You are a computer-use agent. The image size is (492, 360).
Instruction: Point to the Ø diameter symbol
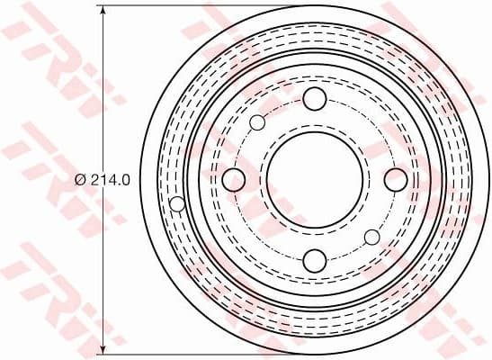click(81, 179)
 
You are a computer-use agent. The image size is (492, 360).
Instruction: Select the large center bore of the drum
click(314, 180)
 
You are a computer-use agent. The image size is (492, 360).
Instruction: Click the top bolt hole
click(314, 99)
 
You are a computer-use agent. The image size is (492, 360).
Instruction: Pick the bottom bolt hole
click(314, 261)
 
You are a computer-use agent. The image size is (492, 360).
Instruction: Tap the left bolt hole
click(233, 180)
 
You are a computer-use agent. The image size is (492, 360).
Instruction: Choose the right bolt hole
click(395, 180)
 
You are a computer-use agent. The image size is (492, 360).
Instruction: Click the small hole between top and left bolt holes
click(257, 122)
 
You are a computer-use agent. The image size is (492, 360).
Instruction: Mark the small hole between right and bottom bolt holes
click(371, 237)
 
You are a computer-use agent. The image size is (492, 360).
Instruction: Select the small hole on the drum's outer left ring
click(177, 203)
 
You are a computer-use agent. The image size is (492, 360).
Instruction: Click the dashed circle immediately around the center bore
click(314, 122)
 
